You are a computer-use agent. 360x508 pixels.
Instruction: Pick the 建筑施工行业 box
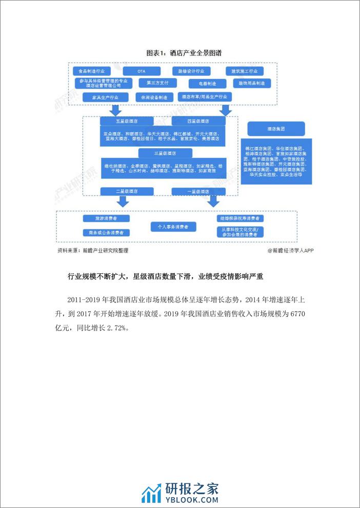pos(245,71)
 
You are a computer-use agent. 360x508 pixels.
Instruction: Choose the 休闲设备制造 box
pos(151,97)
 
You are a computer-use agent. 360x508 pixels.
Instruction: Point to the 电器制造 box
pos(203,83)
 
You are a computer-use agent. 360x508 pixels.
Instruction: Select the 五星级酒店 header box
pos(126,121)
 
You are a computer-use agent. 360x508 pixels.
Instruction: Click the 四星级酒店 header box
pos(197,121)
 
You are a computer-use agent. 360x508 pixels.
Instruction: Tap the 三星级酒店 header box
pos(165,153)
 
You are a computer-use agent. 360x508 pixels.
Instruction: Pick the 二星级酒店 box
pos(126,191)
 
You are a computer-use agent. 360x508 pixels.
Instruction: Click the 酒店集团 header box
pos(275,128)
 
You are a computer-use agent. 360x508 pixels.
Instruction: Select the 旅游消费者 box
pos(106,219)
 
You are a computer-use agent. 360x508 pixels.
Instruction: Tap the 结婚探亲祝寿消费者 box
pos(239,219)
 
